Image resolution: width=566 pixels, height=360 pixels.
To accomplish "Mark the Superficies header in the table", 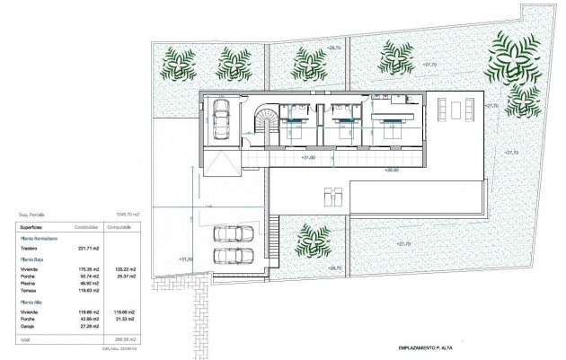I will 31,228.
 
